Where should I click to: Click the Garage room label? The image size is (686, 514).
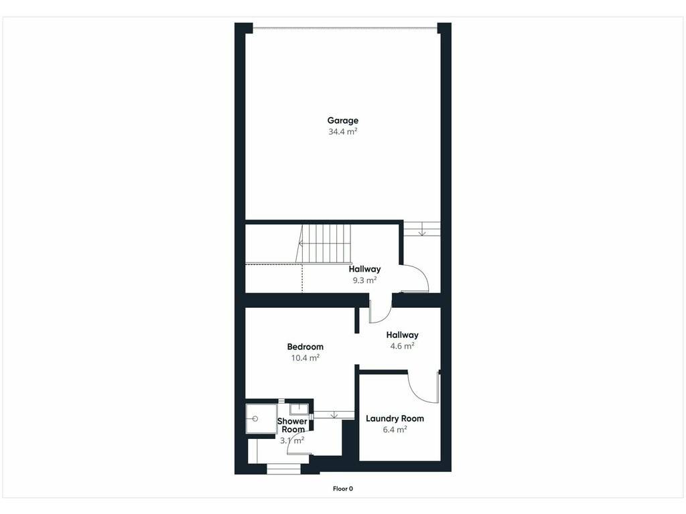point(342,120)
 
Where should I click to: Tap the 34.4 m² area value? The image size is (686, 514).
point(343,132)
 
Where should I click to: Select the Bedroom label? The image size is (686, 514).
point(305,347)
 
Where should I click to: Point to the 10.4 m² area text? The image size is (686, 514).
point(305,358)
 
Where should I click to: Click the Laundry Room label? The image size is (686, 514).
point(395,418)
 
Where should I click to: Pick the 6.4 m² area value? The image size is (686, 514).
point(395,430)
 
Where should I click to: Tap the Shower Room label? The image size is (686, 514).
point(292,425)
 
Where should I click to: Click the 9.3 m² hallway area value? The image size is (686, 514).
point(365,280)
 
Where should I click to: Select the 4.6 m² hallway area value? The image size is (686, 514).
point(402,346)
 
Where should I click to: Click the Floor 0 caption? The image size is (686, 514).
point(342,489)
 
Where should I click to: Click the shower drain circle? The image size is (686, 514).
point(255,419)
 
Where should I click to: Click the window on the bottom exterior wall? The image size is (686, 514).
point(283,469)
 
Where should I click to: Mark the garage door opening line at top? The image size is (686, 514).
point(345,29)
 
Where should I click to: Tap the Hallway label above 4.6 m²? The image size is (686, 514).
point(402,335)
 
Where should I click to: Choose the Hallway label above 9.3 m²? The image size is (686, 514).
point(364,269)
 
